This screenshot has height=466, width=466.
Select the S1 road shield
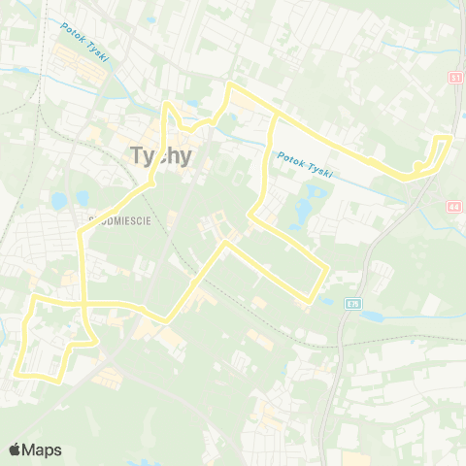click(455, 77)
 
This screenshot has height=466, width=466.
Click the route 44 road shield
click(455, 207)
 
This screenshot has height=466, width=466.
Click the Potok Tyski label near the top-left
click(84, 42)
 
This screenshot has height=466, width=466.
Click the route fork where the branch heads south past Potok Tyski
click(277, 116)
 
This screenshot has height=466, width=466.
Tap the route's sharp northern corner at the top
click(229, 85)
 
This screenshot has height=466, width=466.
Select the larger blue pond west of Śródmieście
click(58, 200)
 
